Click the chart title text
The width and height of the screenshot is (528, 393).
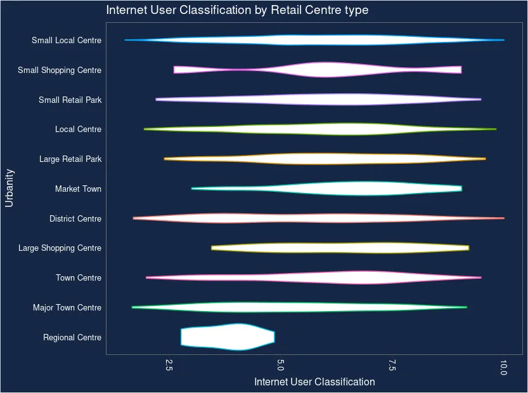(237, 11)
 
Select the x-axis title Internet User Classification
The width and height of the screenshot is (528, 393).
(314, 382)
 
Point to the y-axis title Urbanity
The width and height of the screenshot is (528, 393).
(10, 188)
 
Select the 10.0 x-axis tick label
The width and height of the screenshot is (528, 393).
(503, 366)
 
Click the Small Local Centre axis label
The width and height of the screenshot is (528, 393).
(67, 41)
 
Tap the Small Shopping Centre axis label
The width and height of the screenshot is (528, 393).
(60, 70)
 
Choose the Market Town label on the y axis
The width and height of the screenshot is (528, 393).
(78, 189)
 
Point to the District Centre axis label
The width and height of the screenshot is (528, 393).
(75, 219)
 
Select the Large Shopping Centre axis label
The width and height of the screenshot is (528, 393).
(60, 248)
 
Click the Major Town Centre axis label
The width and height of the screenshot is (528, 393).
(67, 308)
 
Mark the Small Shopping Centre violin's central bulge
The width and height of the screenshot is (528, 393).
(325, 70)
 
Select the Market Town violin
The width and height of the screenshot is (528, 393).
(361, 189)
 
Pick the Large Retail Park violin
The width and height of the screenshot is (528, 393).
(330, 159)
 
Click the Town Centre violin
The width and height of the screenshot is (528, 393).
(361, 277)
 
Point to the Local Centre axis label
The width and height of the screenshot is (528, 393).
(78, 130)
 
